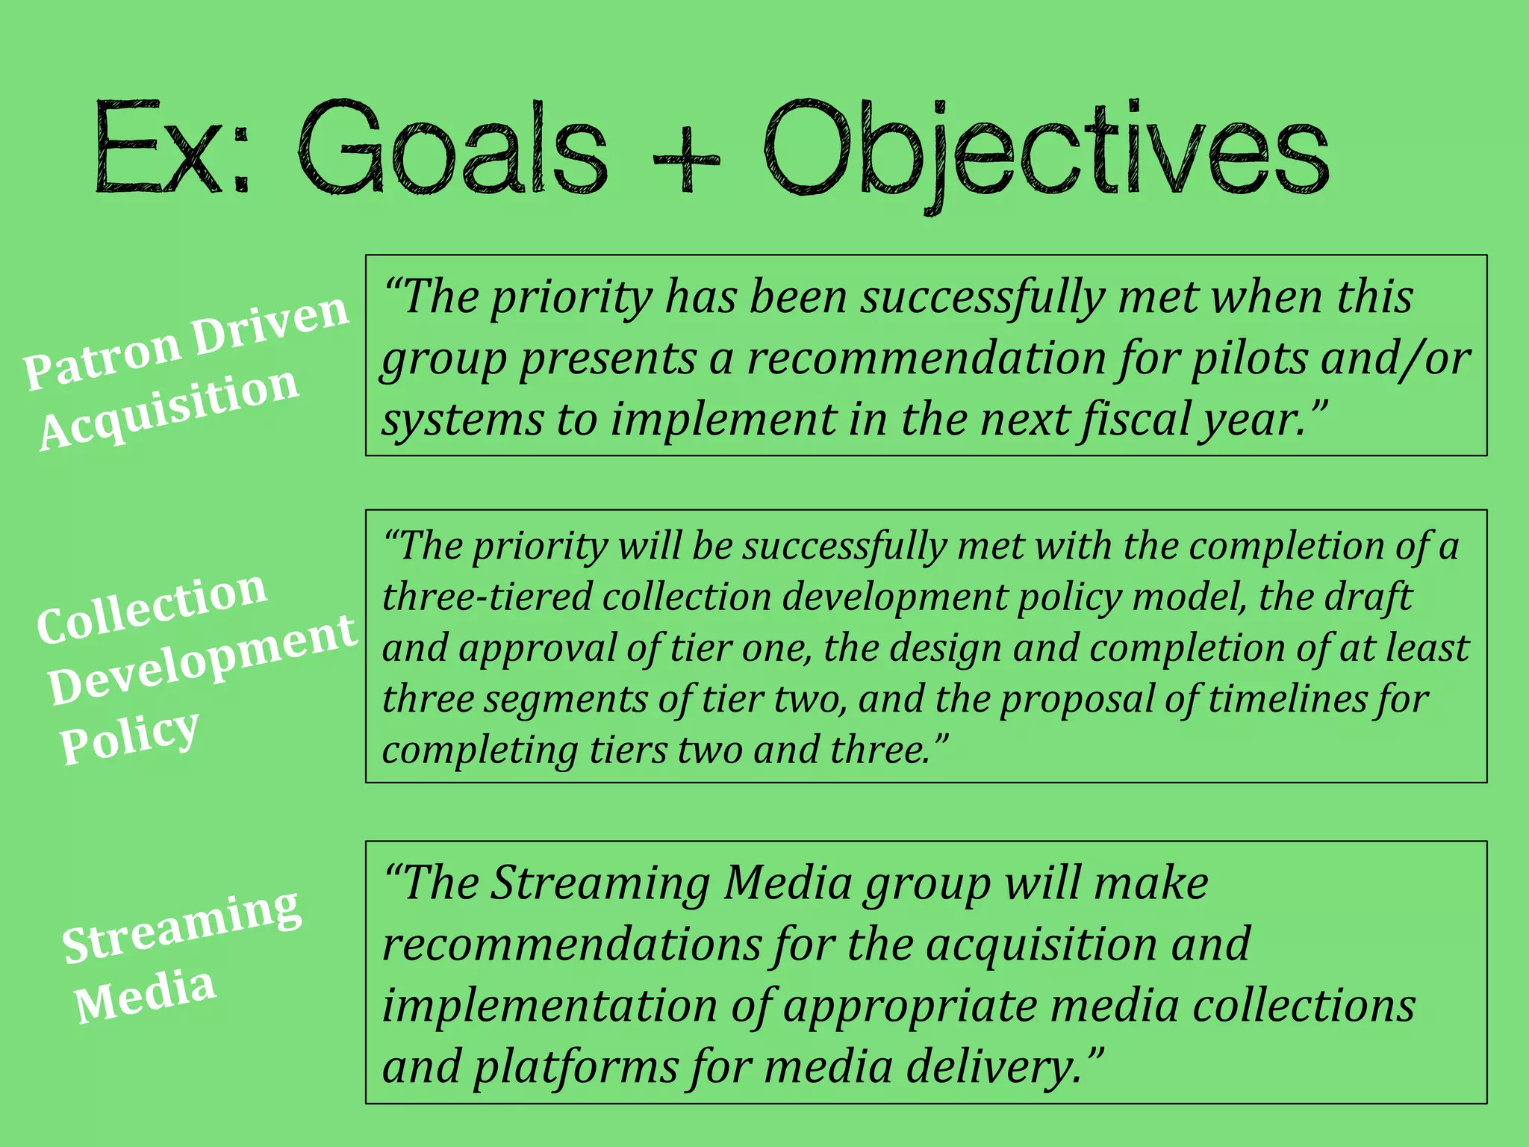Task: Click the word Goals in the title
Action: click(x=452, y=149)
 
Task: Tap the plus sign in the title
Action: click(x=685, y=160)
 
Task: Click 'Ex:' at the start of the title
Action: click(x=172, y=149)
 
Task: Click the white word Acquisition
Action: click(x=169, y=408)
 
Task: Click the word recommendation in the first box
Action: click(x=927, y=358)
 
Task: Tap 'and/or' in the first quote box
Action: click(x=1395, y=358)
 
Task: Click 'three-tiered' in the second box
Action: click(x=486, y=597)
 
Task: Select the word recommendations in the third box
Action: click(x=572, y=945)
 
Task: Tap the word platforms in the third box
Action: click(x=576, y=1067)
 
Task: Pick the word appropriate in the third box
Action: click(x=911, y=1006)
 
